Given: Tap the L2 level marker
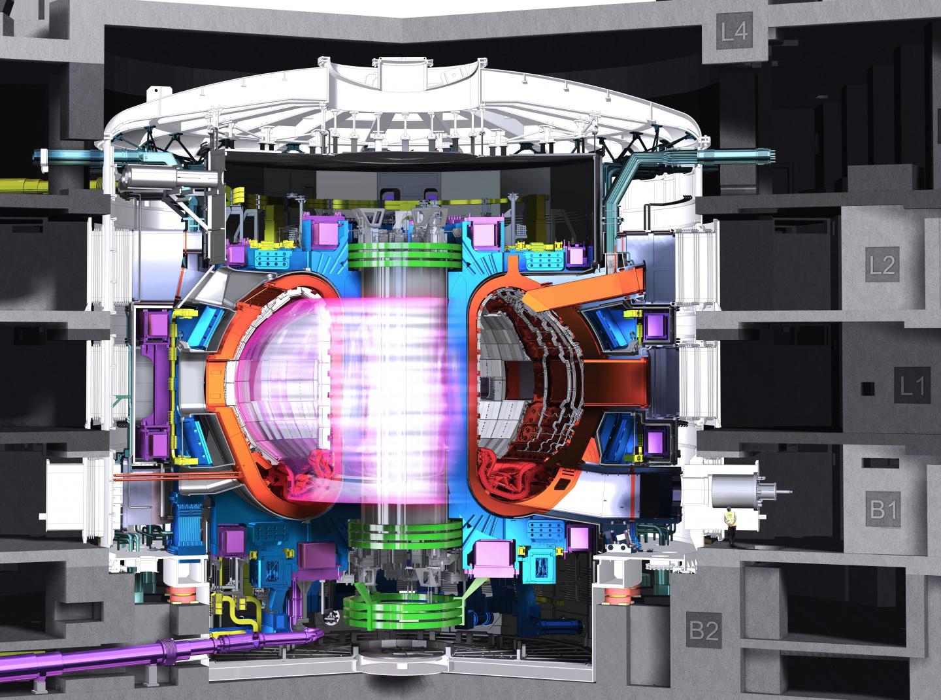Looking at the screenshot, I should [882, 265].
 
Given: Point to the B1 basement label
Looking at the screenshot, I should [883, 508].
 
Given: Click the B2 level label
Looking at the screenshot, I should [704, 630].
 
